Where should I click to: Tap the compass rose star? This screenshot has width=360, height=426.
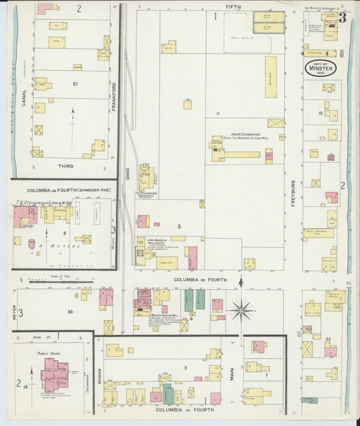(x=241, y=311)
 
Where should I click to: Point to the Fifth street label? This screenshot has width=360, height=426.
(x=233, y=6)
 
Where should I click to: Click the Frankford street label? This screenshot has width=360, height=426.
(x=113, y=97)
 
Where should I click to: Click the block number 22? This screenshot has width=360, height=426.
(x=328, y=339)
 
